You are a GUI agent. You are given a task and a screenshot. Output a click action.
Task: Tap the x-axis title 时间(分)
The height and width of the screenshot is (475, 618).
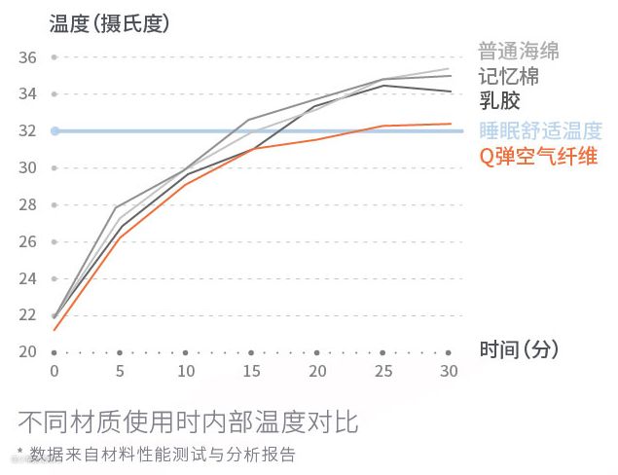pyautogui.click(x=519, y=349)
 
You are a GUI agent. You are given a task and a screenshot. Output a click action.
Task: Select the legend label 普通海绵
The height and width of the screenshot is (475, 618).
pyautogui.click(x=519, y=51)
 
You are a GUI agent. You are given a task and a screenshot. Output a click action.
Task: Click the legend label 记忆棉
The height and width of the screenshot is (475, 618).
pyautogui.click(x=508, y=76)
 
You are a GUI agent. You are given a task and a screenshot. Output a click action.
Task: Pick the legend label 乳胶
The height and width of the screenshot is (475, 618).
pyautogui.click(x=498, y=101)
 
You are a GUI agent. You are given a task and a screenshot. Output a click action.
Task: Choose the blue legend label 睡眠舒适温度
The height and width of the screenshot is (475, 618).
pyautogui.click(x=540, y=130)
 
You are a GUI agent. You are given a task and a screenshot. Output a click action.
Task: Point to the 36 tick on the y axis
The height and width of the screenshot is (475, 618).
pyautogui.click(x=27, y=57)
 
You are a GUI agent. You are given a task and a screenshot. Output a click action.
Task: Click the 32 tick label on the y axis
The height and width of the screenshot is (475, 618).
pyautogui.click(x=27, y=131)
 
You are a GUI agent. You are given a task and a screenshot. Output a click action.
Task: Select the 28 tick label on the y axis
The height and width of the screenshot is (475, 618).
pyautogui.click(x=27, y=205)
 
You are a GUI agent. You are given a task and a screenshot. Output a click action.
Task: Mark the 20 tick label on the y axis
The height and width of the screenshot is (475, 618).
pyautogui.click(x=27, y=352)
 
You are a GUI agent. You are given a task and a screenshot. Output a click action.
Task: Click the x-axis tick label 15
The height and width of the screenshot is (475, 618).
pyautogui.click(x=251, y=372)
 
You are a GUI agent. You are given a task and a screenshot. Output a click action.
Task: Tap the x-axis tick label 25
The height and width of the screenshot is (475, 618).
pyautogui.click(x=382, y=372)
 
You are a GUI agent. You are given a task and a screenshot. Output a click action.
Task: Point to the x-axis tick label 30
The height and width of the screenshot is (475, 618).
pyautogui.click(x=449, y=372)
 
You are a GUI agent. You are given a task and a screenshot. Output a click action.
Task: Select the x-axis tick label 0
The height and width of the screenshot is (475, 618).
pyautogui.click(x=55, y=372)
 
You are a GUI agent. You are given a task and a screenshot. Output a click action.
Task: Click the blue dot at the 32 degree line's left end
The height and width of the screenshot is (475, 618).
pyautogui.click(x=55, y=130)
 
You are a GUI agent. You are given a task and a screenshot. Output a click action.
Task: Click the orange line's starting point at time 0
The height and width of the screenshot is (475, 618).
pyautogui.click(x=55, y=330)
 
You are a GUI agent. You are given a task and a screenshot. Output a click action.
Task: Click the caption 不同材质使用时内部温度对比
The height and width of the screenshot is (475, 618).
pyautogui.click(x=188, y=422)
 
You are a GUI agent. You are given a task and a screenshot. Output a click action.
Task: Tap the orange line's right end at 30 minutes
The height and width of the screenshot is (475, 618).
pyautogui.click(x=449, y=124)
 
